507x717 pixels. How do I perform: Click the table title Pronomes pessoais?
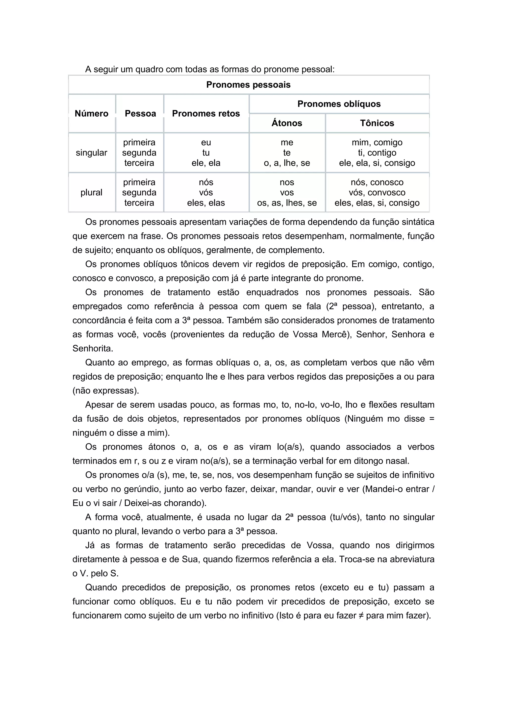248,85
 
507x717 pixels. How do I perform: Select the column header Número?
91,113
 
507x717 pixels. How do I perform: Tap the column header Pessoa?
140,113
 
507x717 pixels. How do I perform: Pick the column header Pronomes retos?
206,113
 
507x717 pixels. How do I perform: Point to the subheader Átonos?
287,123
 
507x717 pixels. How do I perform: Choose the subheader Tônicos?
377,123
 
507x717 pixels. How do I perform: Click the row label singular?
91,153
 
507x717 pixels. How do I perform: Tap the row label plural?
91,192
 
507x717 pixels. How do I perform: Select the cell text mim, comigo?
377,142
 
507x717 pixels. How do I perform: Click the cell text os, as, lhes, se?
287,203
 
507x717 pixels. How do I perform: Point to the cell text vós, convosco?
377,192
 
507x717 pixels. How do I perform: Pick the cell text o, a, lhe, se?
287,163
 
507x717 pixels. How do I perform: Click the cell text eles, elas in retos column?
206,203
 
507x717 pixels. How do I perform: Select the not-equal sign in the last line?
361,615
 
